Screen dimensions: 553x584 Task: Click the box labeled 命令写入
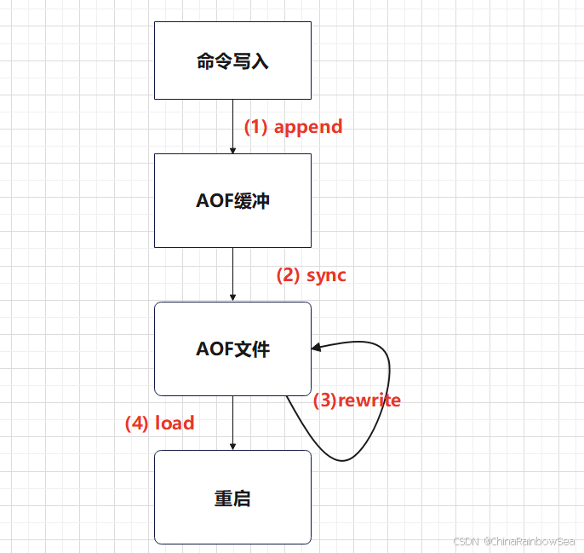click(x=232, y=60)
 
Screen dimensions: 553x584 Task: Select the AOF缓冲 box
click(x=232, y=201)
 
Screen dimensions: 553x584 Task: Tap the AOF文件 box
click(x=232, y=349)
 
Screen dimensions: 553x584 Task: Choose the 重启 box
click(x=232, y=498)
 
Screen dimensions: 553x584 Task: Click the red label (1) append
click(x=293, y=127)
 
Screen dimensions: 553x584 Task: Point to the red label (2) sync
click(x=311, y=275)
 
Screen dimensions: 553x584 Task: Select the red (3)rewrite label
click(x=357, y=400)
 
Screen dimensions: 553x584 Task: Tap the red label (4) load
click(x=159, y=423)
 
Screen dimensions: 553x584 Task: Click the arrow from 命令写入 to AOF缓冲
click(x=232, y=126)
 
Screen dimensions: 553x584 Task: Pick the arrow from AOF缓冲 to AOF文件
click(x=232, y=274)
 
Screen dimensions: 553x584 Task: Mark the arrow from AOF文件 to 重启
click(x=232, y=423)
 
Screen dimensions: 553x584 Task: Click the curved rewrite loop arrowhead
click(x=318, y=347)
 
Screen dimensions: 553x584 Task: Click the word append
click(x=308, y=127)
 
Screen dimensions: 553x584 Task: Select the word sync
click(x=326, y=275)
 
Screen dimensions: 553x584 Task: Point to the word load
click(x=175, y=423)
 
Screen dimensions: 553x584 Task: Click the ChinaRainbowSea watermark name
click(x=530, y=542)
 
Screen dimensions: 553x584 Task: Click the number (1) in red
click(x=256, y=127)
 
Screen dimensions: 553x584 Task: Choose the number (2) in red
click(x=289, y=275)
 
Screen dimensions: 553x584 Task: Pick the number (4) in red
click(x=137, y=423)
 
